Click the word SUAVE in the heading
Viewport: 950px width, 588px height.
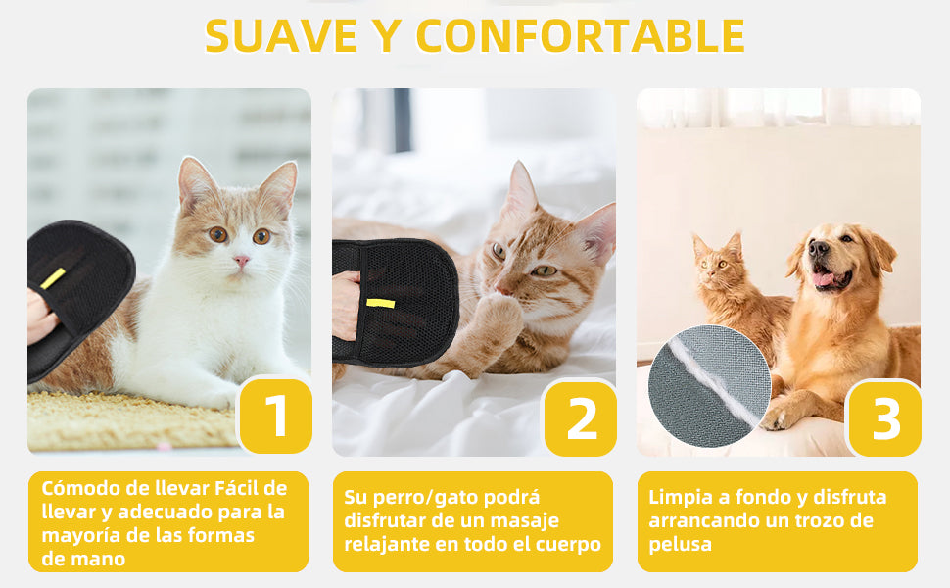tap(281, 36)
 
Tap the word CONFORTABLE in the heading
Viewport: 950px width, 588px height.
tap(581, 36)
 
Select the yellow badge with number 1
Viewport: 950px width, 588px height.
tap(275, 416)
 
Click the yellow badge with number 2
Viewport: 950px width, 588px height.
tap(581, 418)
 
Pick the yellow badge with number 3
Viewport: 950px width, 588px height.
tap(884, 418)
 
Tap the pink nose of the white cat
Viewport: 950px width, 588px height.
tap(241, 263)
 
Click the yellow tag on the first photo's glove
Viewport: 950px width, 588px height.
tap(53, 278)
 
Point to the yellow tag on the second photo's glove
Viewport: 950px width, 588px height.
tap(380, 303)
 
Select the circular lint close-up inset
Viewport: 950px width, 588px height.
tap(708, 386)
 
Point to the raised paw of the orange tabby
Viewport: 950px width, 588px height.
tap(499, 318)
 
